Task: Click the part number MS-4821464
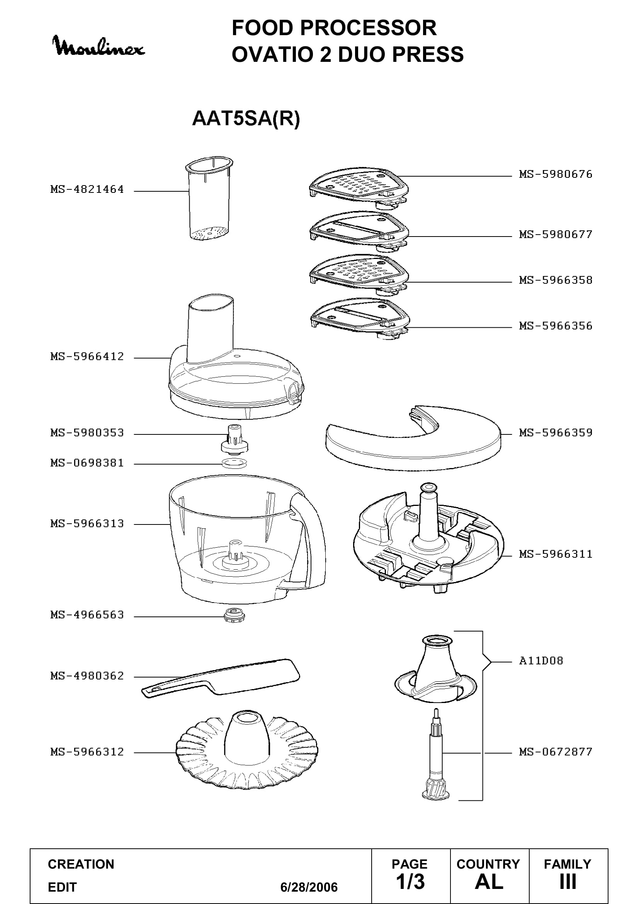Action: tap(87, 189)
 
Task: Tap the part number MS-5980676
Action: tap(556, 174)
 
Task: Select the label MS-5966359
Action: tap(556, 433)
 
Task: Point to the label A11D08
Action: tap(541, 660)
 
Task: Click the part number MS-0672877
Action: tap(556, 752)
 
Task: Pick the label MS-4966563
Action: tap(87, 615)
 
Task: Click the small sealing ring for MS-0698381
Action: tap(235, 463)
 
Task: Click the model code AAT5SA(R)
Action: tap(246, 118)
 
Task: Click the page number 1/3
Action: tap(410, 882)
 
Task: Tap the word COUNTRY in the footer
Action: tap(488, 864)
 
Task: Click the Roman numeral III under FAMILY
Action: tap(568, 882)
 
